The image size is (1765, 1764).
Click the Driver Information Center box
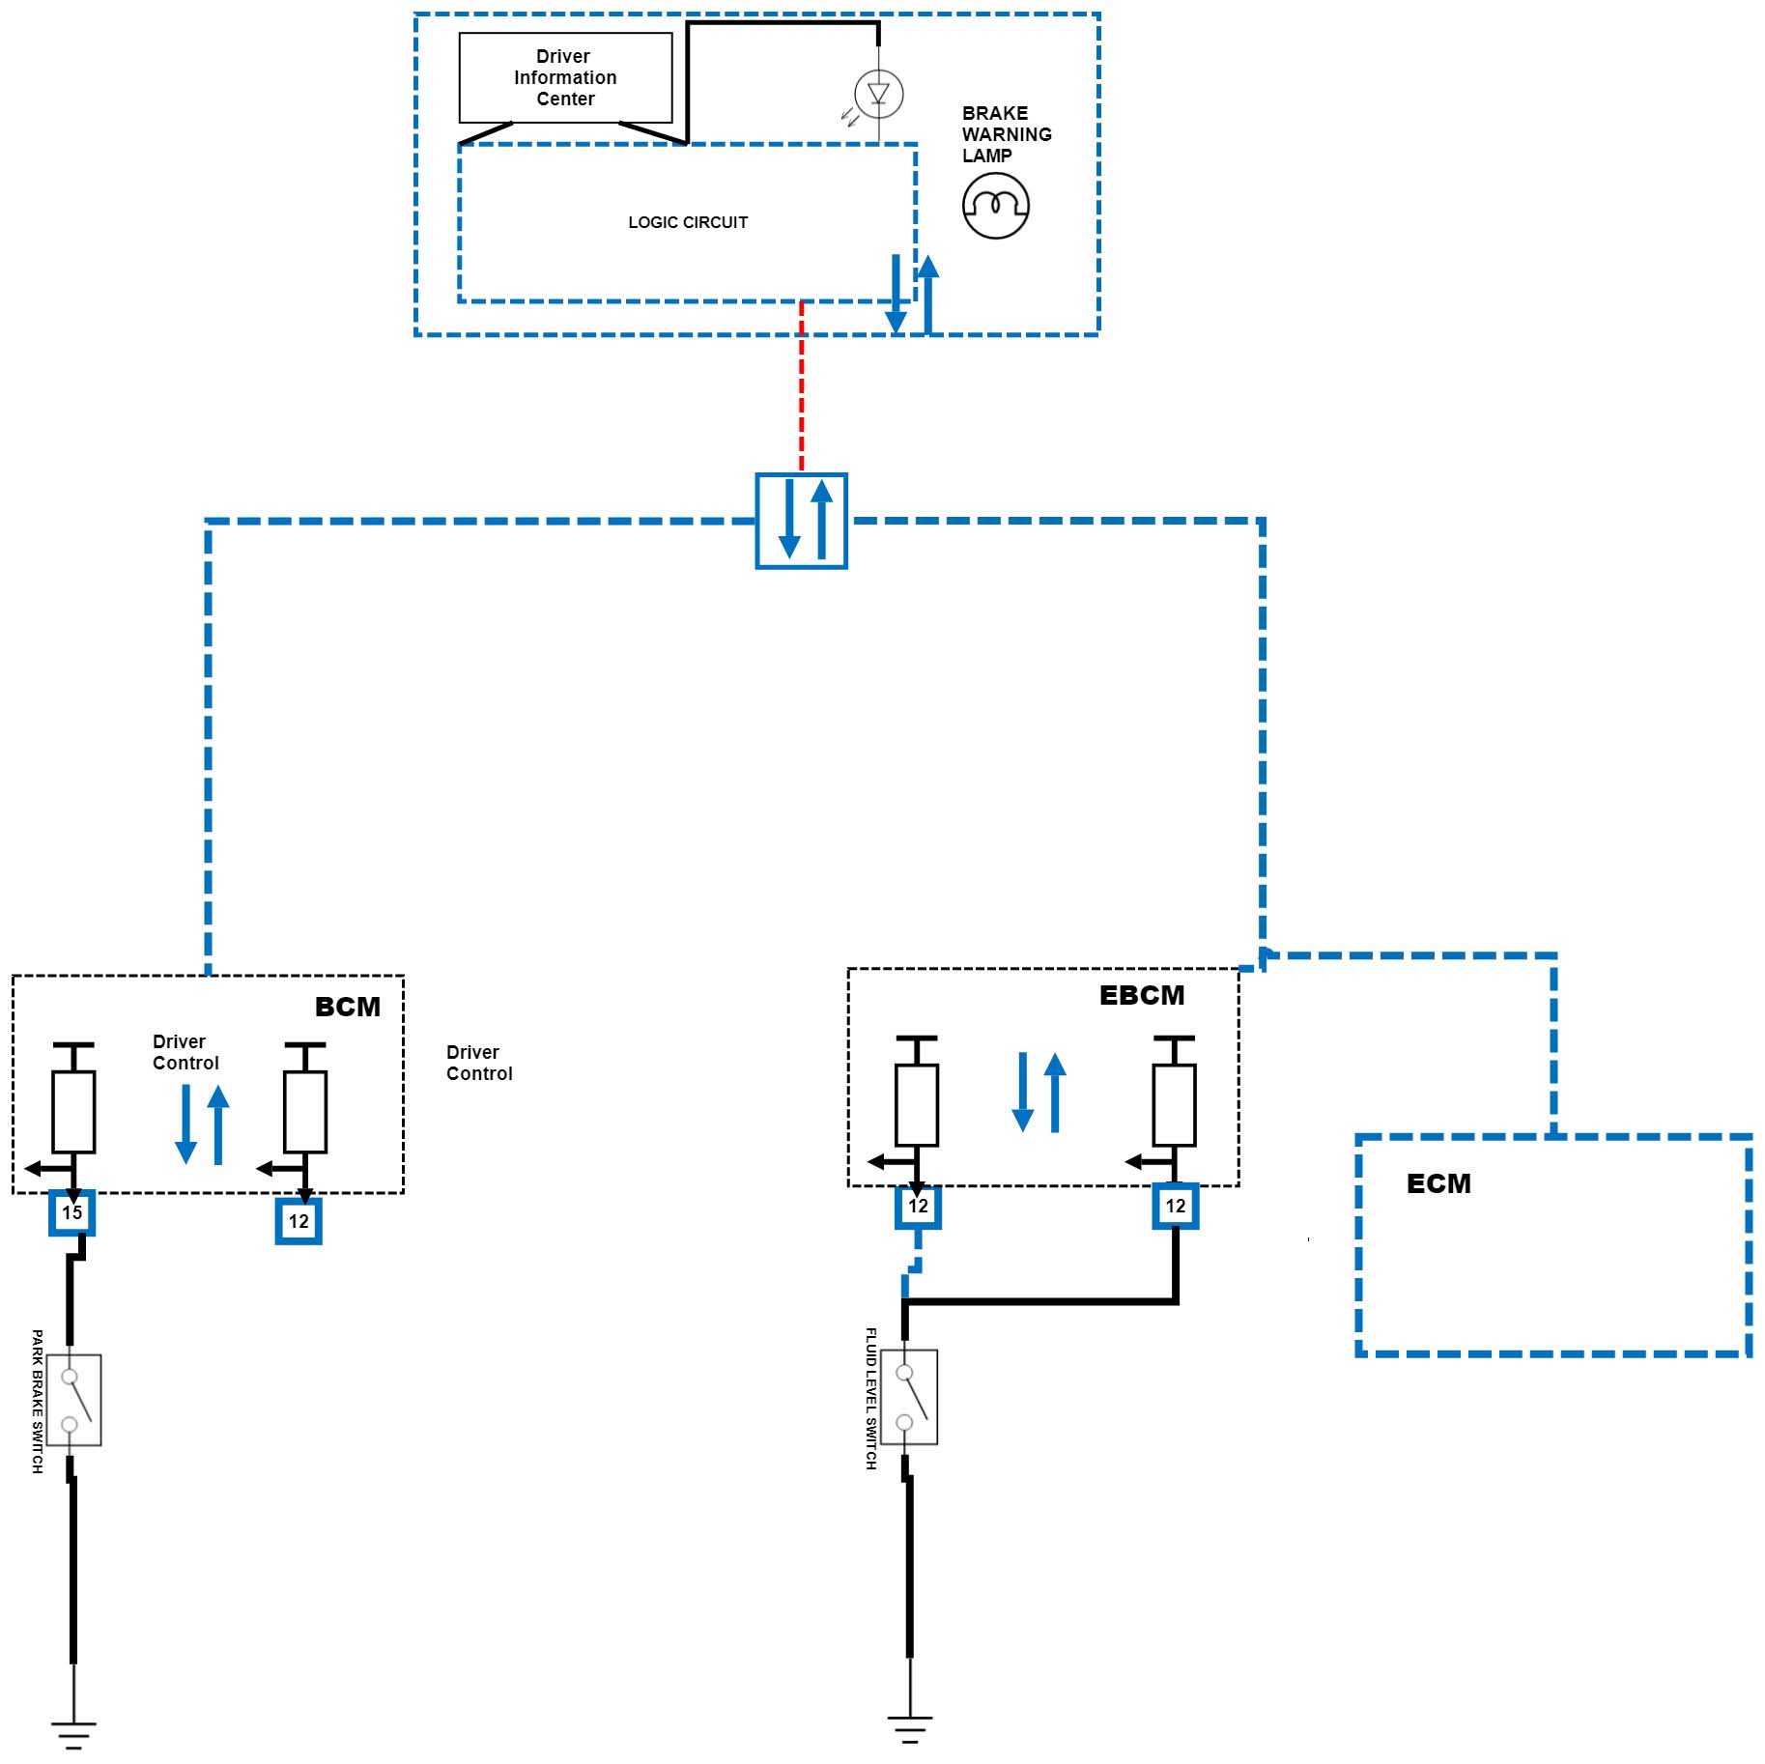[565, 78]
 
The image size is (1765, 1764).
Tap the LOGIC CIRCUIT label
[688, 222]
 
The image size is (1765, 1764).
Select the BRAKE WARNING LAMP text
[1006, 134]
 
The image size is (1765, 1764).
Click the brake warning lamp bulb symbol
[996, 206]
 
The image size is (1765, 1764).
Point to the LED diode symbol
[878, 94]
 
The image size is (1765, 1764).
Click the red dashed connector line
[801, 386]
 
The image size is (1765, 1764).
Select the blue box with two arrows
[801, 521]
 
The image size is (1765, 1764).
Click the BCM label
[348, 1007]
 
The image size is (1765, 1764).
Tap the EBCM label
[1142, 995]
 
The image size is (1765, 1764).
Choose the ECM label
[1438, 1183]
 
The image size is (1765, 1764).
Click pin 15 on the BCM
[72, 1213]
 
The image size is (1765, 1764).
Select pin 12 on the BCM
[299, 1221]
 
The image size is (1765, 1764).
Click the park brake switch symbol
[74, 1400]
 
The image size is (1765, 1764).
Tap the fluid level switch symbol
[910, 1397]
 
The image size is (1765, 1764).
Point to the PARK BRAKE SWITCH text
[38, 1402]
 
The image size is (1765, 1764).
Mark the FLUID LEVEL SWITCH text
[870, 1399]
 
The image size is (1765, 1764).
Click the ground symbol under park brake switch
[73, 1734]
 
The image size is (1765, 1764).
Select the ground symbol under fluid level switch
[909, 1728]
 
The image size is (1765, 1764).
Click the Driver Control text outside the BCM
[479, 1063]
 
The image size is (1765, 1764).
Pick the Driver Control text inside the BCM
[185, 1052]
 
